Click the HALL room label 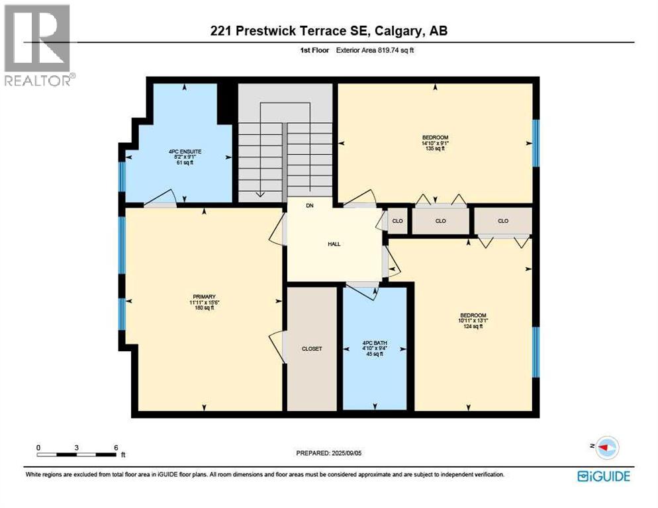click(x=334, y=244)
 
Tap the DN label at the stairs click(x=309, y=206)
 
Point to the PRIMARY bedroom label click(x=204, y=296)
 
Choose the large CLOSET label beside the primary click(x=312, y=349)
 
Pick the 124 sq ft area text click(x=473, y=326)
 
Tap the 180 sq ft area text click(x=204, y=308)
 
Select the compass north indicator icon click(x=605, y=448)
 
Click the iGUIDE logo click(x=603, y=476)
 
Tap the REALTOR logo click(x=38, y=46)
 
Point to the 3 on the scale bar click(x=77, y=447)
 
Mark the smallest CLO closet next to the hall click(x=398, y=221)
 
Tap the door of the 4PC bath click(x=362, y=287)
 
